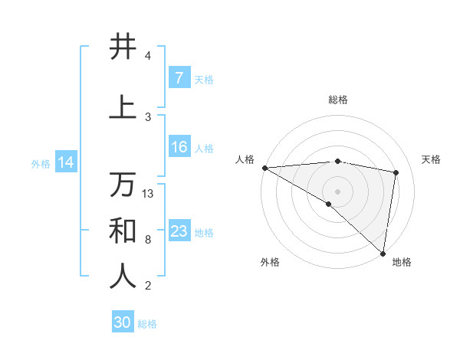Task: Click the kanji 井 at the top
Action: pyautogui.click(x=123, y=47)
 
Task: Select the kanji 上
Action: pyautogui.click(x=123, y=108)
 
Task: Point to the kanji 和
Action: pyautogui.click(x=123, y=231)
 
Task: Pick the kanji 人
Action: pyautogui.click(x=123, y=277)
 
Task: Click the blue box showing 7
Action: pyautogui.click(x=179, y=78)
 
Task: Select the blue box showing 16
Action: pyautogui.click(x=179, y=147)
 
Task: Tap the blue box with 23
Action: pyautogui.click(x=179, y=231)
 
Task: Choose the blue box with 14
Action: pyautogui.click(x=65, y=162)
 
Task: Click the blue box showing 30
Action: pyautogui.click(x=123, y=322)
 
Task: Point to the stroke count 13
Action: pyautogui.click(x=148, y=194)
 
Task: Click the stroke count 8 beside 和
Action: pyautogui.click(x=148, y=240)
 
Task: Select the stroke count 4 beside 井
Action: pyautogui.click(x=148, y=56)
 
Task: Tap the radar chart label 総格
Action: pyautogui.click(x=337, y=100)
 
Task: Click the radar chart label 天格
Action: pyautogui.click(x=432, y=159)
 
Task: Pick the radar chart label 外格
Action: pyautogui.click(x=269, y=262)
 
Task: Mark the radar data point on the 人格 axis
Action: pyautogui.click(x=264, y=167)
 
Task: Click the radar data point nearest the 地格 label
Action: pyautogui.click(x=383, y=253)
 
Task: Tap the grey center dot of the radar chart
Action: pyautogui.click(x=337, y=190)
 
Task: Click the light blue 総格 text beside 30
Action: pyautogui.click(x=147, y=324)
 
